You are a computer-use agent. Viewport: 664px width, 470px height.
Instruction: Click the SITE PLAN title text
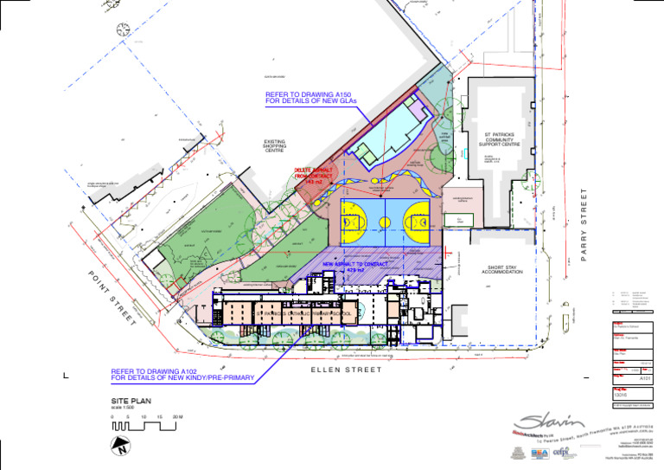coord(131,402)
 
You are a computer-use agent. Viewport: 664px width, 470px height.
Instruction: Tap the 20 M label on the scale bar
coord(177,417)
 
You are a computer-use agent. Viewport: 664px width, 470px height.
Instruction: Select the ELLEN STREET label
coord(346,370)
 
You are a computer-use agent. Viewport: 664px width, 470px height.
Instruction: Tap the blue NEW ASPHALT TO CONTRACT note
coord(354,267)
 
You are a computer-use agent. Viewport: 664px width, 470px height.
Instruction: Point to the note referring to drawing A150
coord(310,99)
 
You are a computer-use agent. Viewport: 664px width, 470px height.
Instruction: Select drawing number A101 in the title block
coord(644,378)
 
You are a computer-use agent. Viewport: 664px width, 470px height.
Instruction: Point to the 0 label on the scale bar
coord(112,417)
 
